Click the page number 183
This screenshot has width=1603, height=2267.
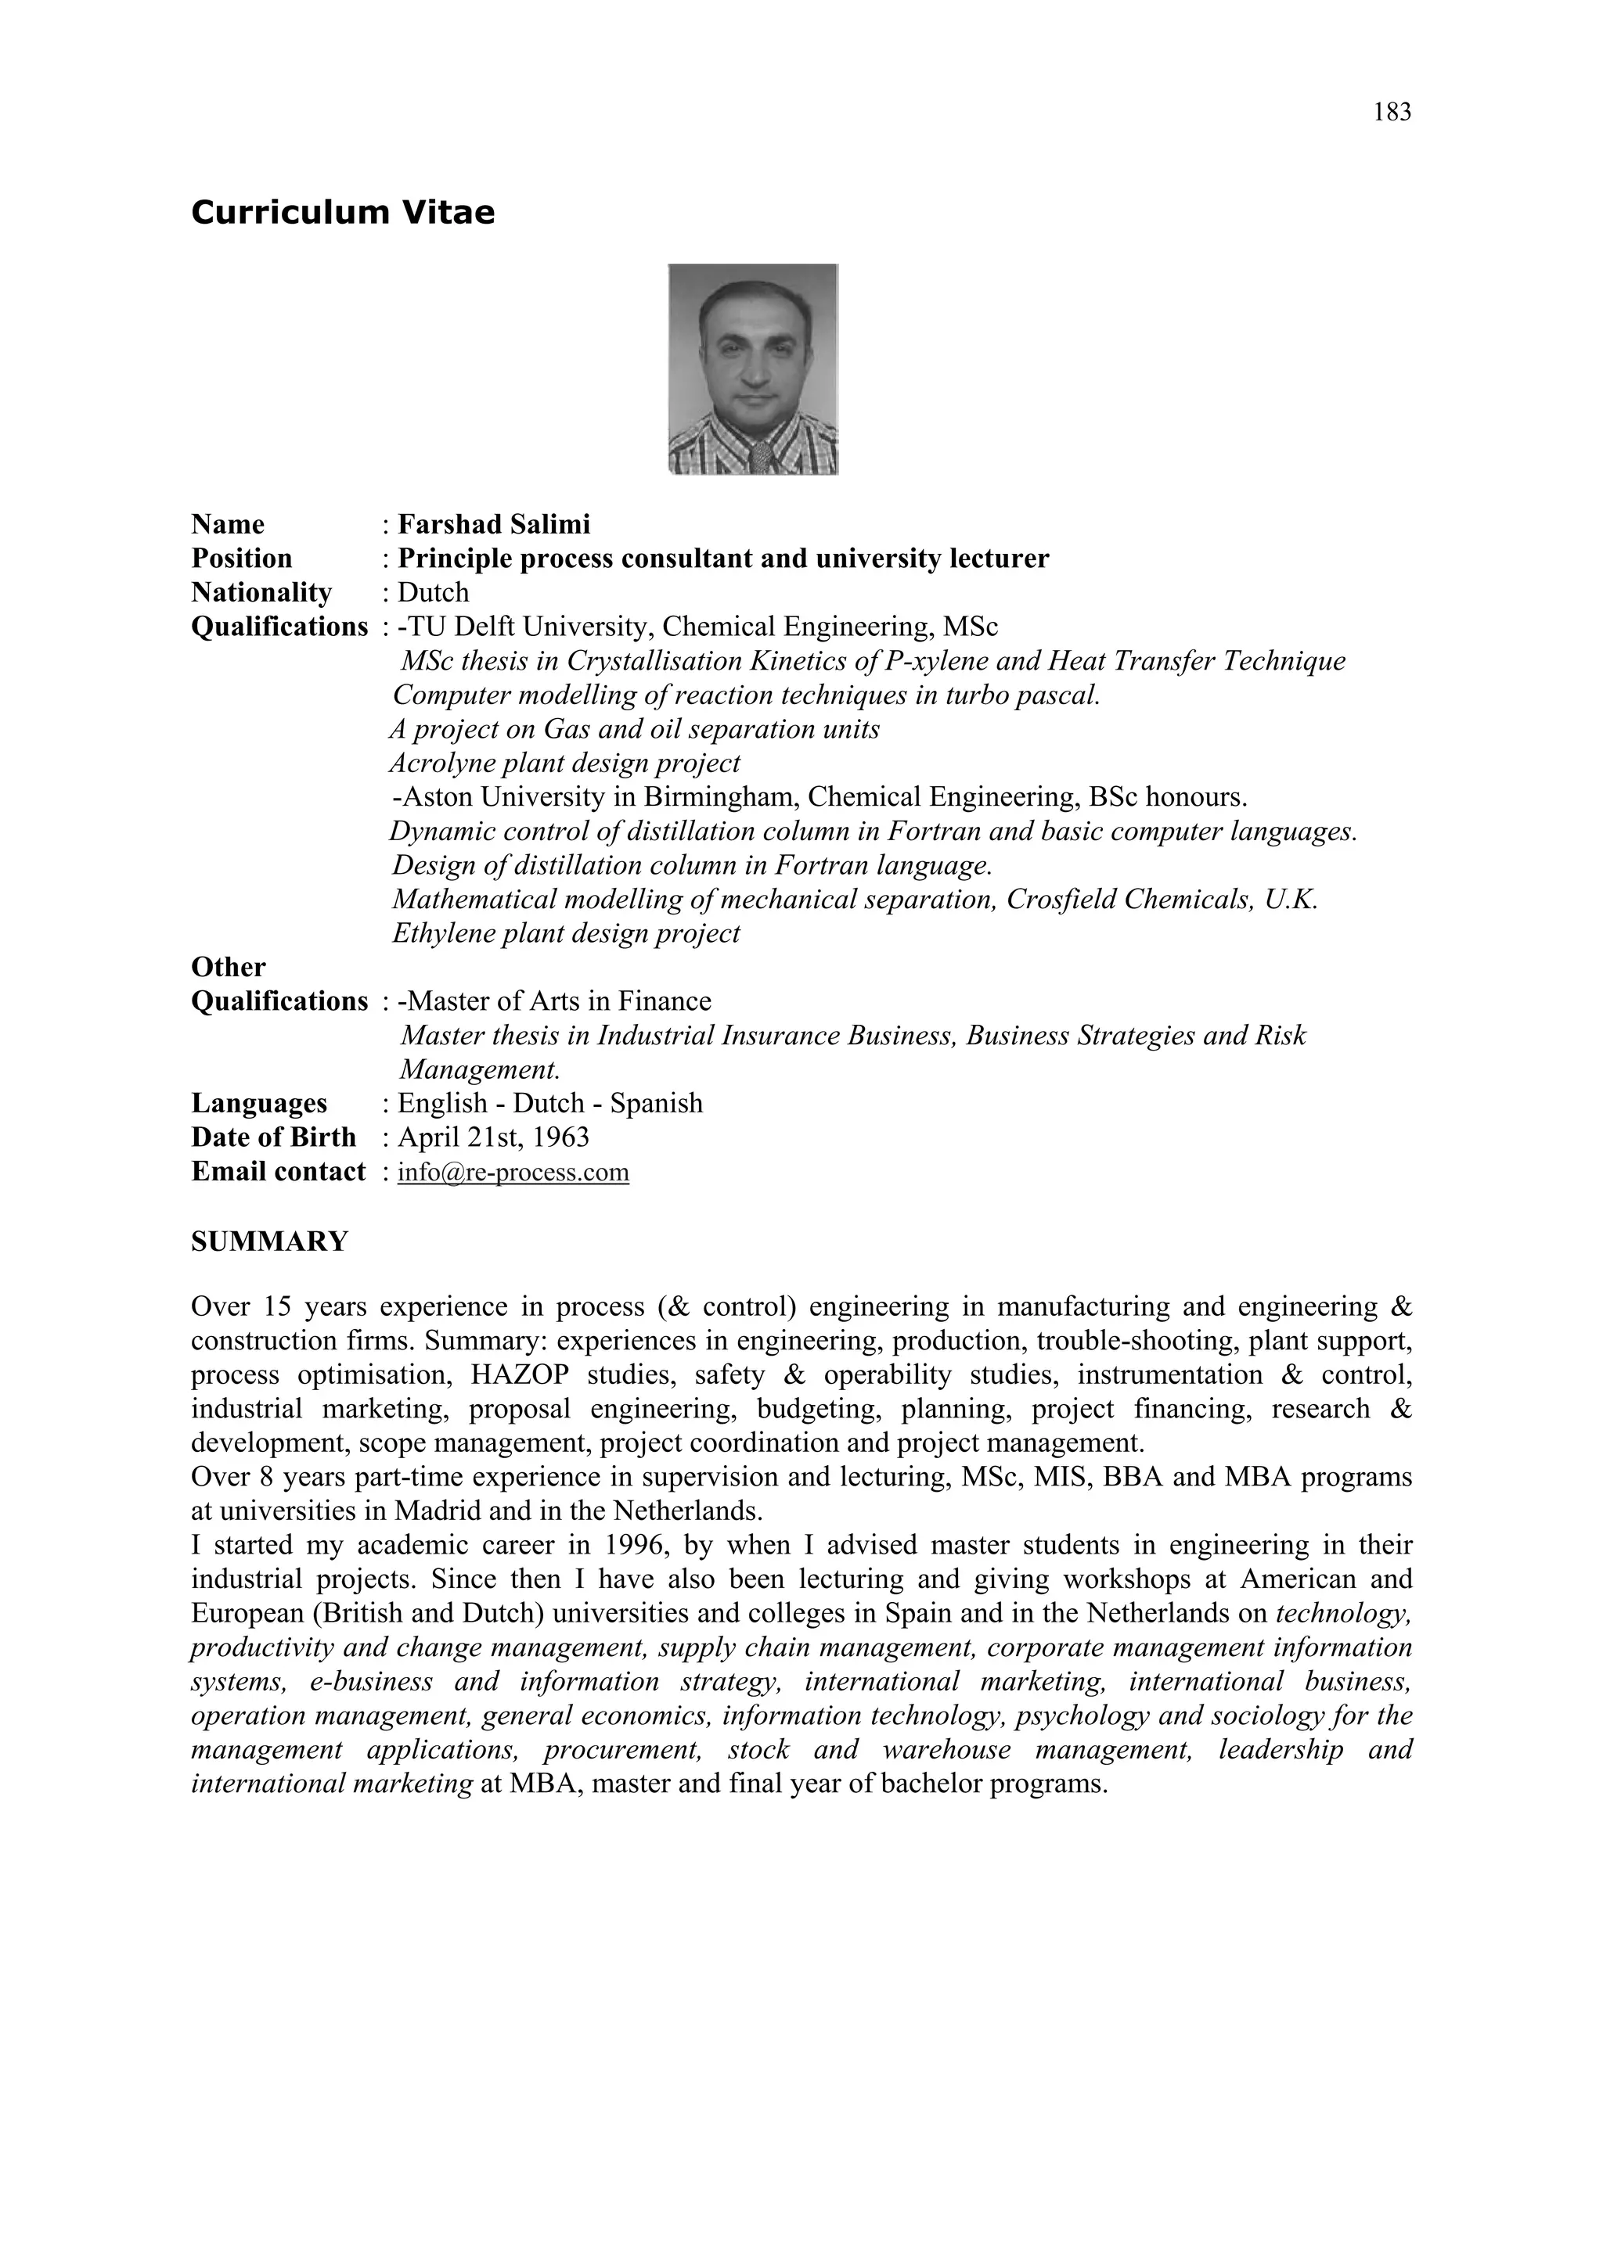1392,113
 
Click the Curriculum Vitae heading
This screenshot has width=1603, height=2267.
343,212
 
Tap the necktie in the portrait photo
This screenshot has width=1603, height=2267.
761,456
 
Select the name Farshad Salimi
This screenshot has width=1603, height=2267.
494,524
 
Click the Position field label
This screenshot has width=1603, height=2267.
242,559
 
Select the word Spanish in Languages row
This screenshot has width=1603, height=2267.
656,1103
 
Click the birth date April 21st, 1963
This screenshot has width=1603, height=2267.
493,1137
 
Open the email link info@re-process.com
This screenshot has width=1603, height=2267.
513,1172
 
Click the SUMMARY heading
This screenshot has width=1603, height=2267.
269,1241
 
